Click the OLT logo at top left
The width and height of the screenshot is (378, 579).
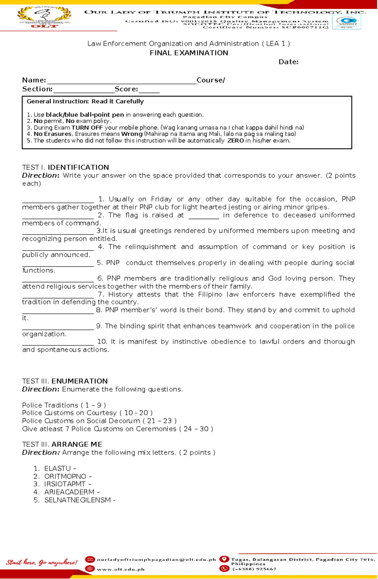[44, 17]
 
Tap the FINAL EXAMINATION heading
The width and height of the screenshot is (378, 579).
[189, 53]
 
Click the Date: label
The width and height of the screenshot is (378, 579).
[288, 62]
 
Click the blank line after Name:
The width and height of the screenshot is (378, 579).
[121, 83]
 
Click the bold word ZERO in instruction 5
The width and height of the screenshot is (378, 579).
[235, 141]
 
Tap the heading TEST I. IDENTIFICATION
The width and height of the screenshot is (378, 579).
[66, 167]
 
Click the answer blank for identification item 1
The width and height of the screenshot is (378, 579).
[58, 201]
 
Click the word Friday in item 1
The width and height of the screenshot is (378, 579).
[161, 199]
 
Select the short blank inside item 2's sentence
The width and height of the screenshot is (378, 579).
[203, 217]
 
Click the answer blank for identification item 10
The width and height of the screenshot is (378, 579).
[58, 344]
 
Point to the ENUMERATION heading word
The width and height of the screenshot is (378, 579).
[79, 381]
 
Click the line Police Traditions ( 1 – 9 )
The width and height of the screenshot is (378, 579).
[64, 405]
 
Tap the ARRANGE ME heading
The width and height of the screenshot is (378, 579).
[77, 444]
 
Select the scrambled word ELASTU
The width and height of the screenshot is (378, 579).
[57, 468]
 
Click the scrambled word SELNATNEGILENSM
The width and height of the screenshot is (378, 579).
[77, 500]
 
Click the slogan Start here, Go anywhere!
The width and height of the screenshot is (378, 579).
[42, 562]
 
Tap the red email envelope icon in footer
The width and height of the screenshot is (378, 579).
[90, 559]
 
